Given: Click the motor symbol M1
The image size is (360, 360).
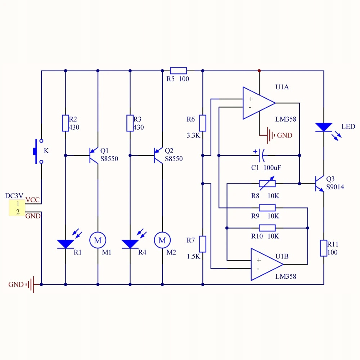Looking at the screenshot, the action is [x=98, y=240].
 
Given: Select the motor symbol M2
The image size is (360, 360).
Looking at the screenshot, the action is [x=162, y=240].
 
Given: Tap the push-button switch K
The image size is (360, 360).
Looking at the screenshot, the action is [x=38, y=151].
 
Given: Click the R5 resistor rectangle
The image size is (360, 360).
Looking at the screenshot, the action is [x=179, y=71].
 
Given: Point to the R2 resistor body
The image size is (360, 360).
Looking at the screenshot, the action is [x=66, y=123].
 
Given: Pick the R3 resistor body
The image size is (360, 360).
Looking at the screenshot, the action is [x=130, y=123].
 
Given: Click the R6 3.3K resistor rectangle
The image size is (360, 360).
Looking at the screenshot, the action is [x=202, y=123].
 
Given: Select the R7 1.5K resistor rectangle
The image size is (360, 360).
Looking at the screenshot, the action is [x=202, y=244].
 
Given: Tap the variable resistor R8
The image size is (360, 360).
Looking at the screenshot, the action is [x=267, y=184].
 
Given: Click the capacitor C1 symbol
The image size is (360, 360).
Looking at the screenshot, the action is [x=261, y=156].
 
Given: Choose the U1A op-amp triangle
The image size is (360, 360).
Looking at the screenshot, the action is [x=259, y=103].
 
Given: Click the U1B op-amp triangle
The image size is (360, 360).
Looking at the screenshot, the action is [x=267, y=264].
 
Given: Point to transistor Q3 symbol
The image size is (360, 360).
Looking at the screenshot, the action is [x=320, y=184].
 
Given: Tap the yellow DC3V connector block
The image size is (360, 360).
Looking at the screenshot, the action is [x=17, y=208].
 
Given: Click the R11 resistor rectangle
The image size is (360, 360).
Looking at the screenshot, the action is [x=324, y=248].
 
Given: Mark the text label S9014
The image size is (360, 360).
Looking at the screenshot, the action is [x=335, y=187].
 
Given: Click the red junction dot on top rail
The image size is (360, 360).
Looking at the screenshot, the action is [x=259, y=71].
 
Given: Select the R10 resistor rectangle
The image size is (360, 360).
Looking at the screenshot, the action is [x=267, y=228].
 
